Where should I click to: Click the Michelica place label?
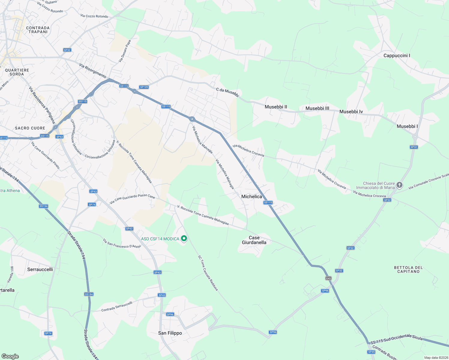[x=252, y=196]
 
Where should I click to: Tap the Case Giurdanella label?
[x=254, y=240]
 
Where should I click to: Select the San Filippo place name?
[x=170, y=333]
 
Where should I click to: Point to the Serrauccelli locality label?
[x=40, y=269]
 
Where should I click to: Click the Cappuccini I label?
[x=396, y=55]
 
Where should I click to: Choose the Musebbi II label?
[x=276, y=107]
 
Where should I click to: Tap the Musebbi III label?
[x=317, y=108]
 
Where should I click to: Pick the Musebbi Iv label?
[x=351, y=112]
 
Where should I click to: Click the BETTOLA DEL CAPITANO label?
[x=408, y=269]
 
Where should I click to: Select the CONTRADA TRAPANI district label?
[x=38, y=30]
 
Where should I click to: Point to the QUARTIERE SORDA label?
[x=17, y=72]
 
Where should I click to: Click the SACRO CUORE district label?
[x=30, y=128]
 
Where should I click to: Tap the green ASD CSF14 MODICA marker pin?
[x=184, y=238]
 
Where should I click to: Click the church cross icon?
[x=399, y=185]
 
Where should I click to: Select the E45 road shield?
[x=328, y=278]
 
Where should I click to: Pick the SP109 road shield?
[x=144, y=87]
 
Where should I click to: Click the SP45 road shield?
[x=371, y=352]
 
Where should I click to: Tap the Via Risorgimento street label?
[x=93, y=70]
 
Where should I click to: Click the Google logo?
[x=10, y=356]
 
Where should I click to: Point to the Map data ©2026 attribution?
[x=435, y=358]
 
